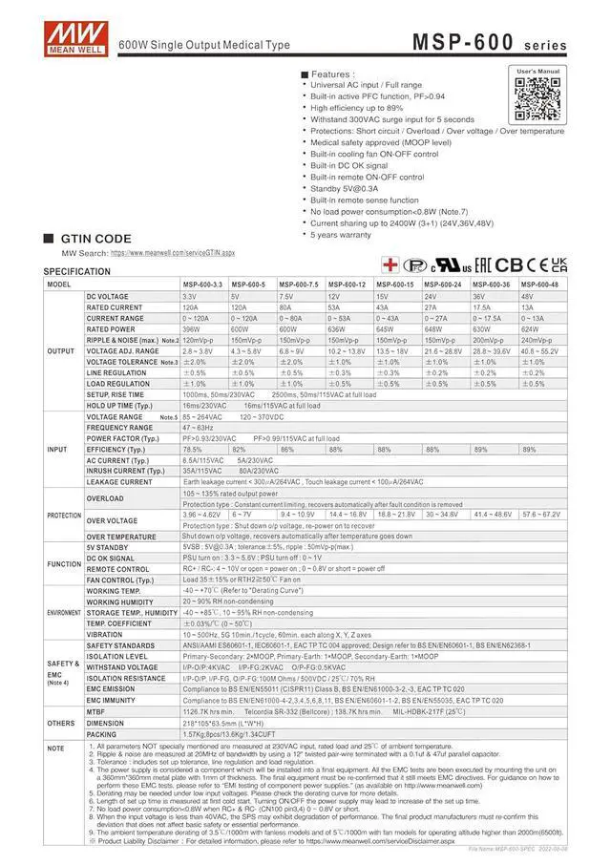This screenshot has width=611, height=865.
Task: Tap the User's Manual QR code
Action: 537,95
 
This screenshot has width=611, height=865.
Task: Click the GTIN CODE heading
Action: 95,239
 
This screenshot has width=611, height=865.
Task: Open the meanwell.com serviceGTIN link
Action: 172,253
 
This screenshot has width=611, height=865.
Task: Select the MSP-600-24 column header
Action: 444,285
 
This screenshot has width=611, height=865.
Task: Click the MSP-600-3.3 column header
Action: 202,285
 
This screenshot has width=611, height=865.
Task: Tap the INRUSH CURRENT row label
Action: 118,471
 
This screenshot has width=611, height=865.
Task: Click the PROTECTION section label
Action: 63,515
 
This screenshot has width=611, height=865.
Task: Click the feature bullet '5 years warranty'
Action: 340,234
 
